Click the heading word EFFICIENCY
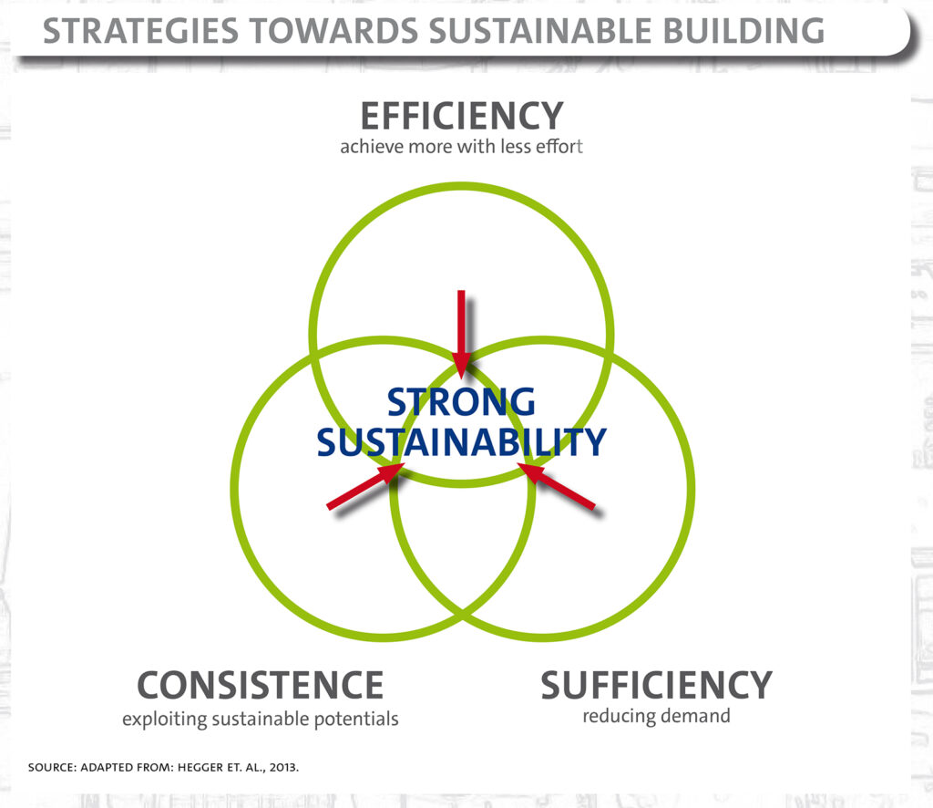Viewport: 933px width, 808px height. (x=462, y=116)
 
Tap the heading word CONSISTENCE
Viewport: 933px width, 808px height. (x=260, y=685)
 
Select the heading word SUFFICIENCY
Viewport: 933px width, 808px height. (x=656, y=685)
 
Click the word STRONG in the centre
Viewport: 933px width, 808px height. (x=461, y=402)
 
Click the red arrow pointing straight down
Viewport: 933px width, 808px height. (x=461, y=335)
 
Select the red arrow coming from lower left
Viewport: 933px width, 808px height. (x=365, y=486)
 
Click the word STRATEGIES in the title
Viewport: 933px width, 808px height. (x=140, y=31)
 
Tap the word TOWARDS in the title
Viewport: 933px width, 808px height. (x=333, y=31)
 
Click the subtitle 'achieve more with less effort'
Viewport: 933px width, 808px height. (x=461, y=147)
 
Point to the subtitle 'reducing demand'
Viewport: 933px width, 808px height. (x=656, y=716)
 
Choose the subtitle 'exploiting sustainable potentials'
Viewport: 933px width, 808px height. (x=260, y=719)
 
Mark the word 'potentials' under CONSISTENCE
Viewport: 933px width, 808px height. (x=356, y=719)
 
